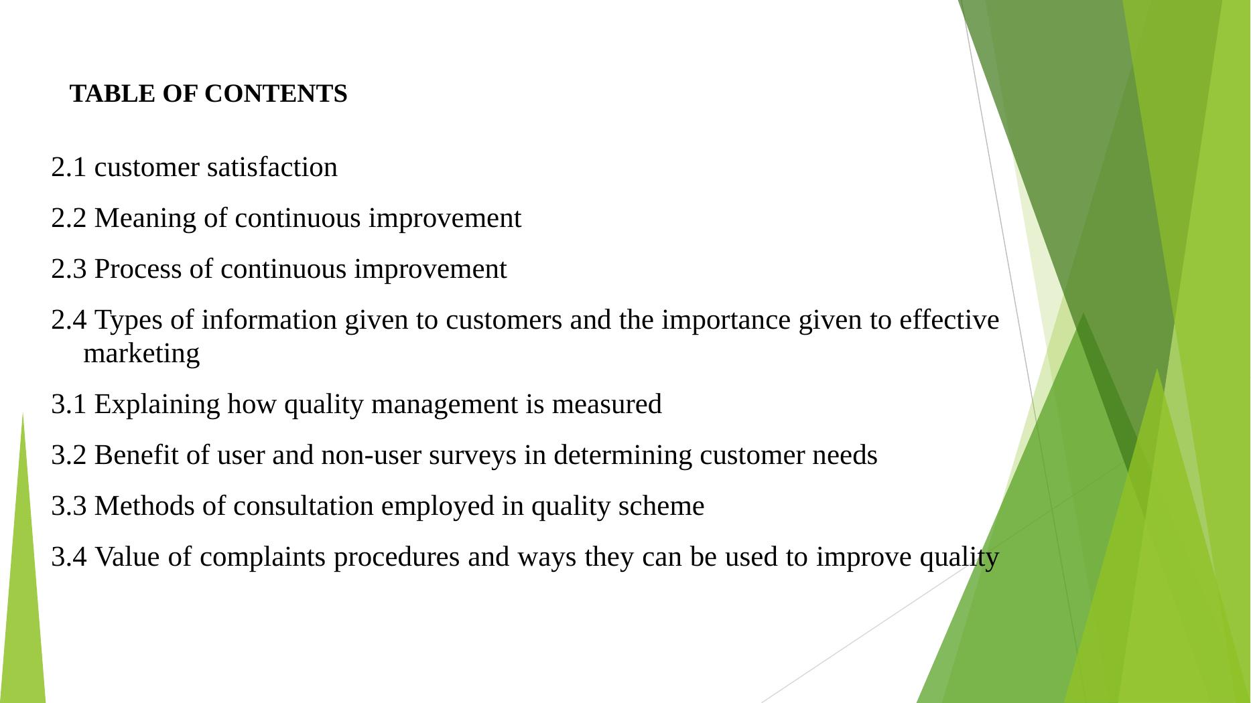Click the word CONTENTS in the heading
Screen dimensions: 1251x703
click(276, 94)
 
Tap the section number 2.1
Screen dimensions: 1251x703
click(69, 167)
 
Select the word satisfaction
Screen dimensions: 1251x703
click(272, 167)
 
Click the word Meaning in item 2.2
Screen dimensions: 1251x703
click(145, 219)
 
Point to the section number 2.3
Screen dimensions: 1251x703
click(69, 269)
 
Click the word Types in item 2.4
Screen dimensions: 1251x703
click(129, 321)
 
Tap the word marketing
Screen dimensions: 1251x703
click(141, 354)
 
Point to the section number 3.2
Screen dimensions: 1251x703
click(69, 455)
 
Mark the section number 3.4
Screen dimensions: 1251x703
click(69, 557)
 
